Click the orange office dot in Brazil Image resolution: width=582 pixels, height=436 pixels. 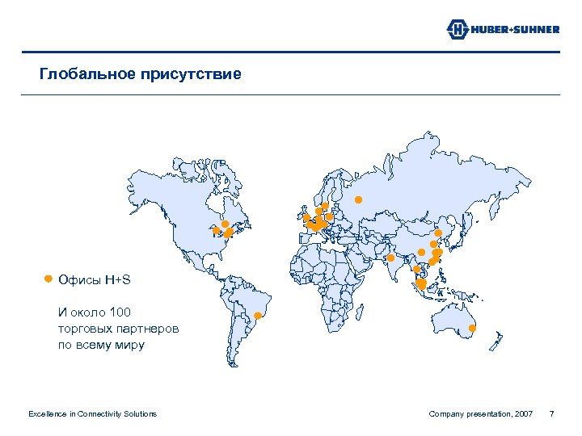pos(258,316)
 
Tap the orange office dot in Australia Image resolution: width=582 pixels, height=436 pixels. pos(473,329)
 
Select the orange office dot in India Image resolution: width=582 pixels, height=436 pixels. pos(390,258)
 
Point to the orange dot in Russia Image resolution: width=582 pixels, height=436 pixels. pos(358,199)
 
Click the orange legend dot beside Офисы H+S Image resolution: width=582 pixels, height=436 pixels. pos(48,279)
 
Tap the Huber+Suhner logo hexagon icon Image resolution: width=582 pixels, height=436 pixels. pos(457,30)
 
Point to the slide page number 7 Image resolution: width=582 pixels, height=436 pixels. pos(551,414)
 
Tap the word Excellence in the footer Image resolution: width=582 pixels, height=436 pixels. pos(48,414)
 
